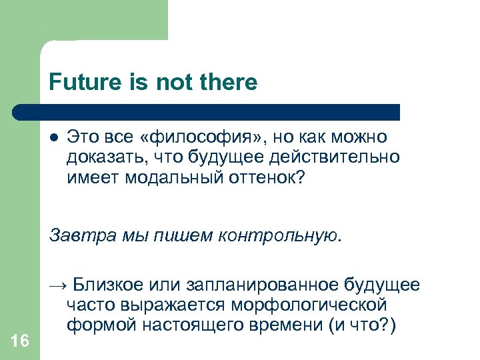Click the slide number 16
pos(20,341)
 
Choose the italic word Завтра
pos(76,235)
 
